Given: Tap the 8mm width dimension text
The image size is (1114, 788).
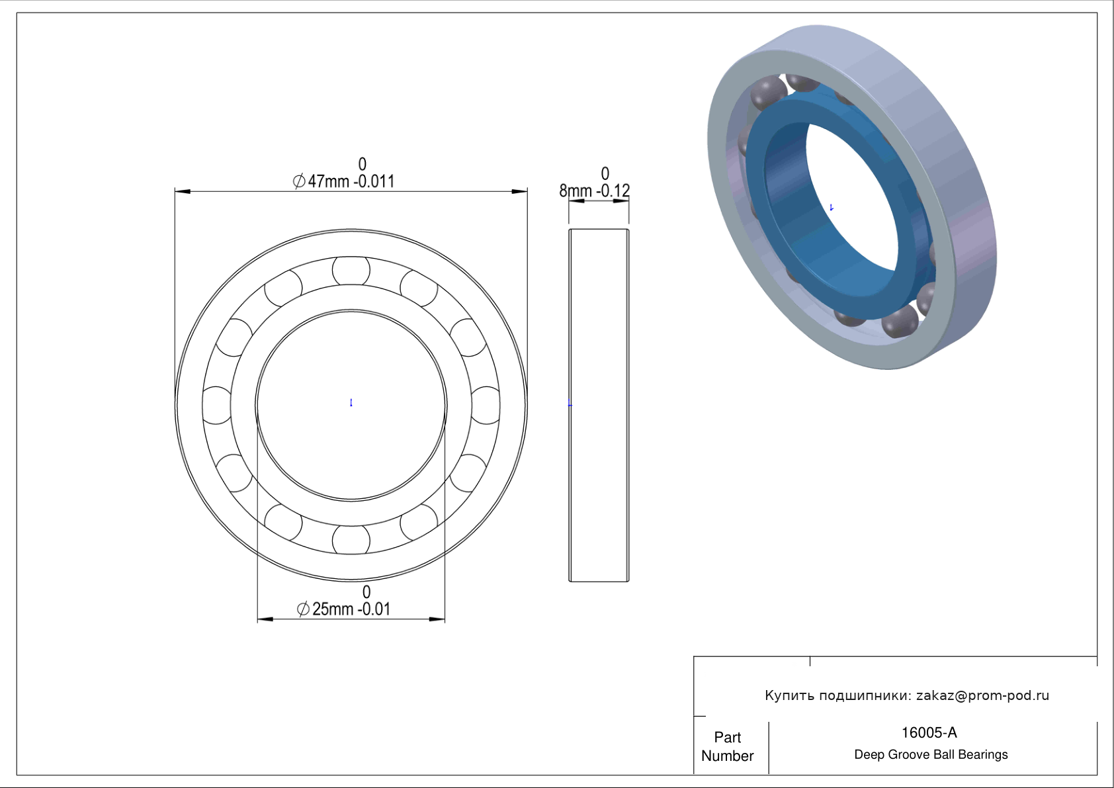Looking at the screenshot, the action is pos(594,191).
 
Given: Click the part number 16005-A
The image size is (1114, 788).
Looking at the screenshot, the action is pos(929,732).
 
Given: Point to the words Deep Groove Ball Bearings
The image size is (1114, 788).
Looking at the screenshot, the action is pos(931,755).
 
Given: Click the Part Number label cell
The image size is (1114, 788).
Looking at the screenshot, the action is pos(727,746).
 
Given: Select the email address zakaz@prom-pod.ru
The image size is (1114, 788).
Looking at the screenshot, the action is pos(983,695).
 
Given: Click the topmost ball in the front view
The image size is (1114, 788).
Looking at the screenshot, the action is pos(351,270).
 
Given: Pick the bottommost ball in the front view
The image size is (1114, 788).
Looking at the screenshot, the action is pos(351,540).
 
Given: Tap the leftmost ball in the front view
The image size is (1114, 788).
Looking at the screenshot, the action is pos(217,406).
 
